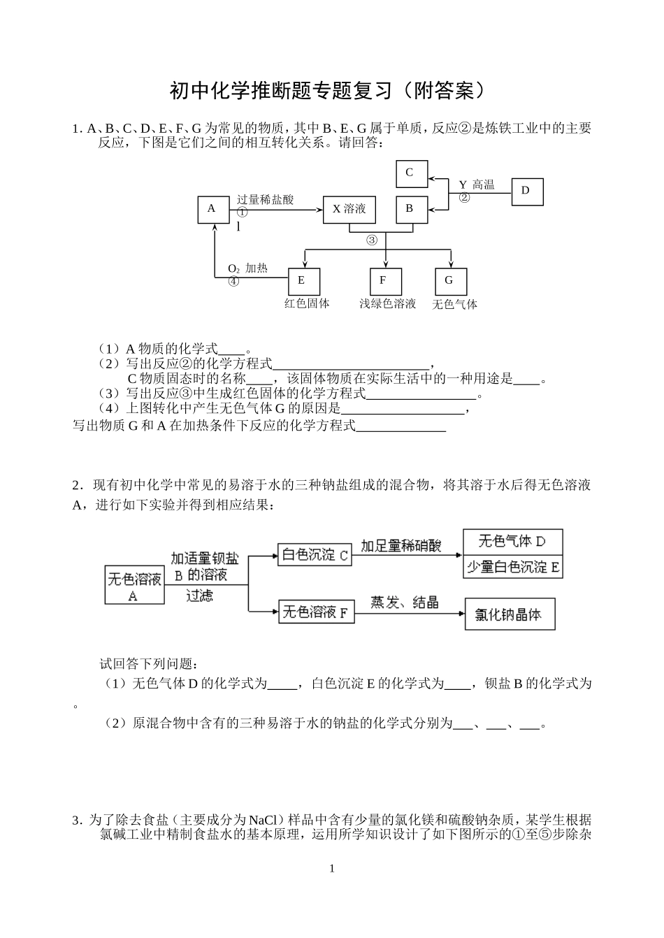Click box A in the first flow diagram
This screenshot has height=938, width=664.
[x=213, y=208]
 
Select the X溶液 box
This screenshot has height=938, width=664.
[x=349, y=209]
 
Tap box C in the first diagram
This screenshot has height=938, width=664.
[x=411, y=173]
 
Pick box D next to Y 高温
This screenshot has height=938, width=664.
[x=527, y=191]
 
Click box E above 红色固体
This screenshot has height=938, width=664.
[x=304, y=281]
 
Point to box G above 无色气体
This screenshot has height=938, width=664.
[x=450, y=281]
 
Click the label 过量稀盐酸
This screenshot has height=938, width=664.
[x=265, y=200]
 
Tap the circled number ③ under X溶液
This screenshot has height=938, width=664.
[x=372, y=240]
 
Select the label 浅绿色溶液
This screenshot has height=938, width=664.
[x=388, y=303]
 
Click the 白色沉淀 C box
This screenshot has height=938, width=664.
[x=315, y=556]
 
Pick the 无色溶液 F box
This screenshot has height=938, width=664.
[x=316, y=612]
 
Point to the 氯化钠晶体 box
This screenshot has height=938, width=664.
[x=510, y=614]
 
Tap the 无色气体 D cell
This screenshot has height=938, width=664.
[x=512, y=542]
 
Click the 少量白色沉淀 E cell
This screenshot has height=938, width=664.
[x=512, y=567]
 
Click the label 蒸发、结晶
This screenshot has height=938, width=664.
[x=405, y=601]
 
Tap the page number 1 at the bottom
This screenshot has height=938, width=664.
[x=332, y=869]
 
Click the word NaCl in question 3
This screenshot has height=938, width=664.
[x=264, y=820]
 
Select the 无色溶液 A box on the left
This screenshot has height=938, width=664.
[x=133, y=586]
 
